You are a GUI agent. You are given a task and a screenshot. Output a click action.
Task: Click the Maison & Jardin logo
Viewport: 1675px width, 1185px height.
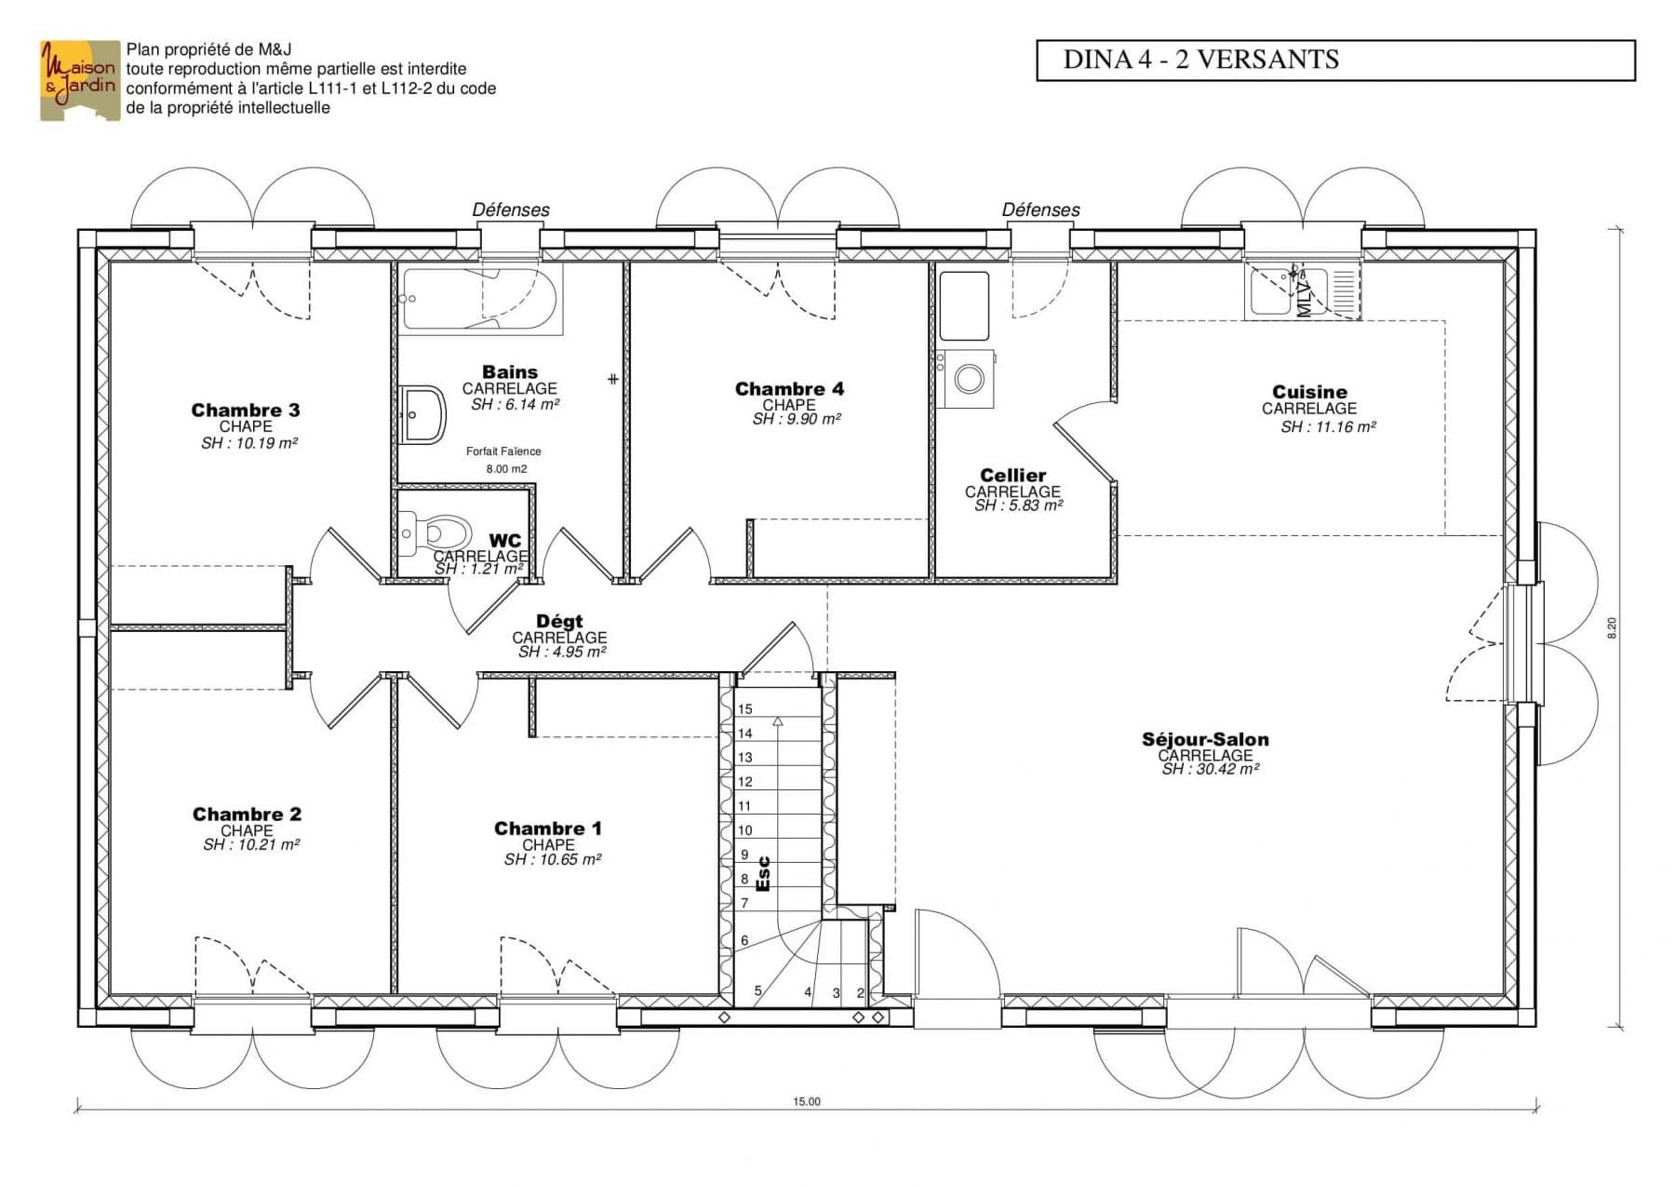[80, 80]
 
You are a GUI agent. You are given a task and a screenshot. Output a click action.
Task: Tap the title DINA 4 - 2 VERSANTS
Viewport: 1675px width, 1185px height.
[1200, 60]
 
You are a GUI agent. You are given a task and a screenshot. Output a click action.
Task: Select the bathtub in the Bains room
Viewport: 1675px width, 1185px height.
[479, 300]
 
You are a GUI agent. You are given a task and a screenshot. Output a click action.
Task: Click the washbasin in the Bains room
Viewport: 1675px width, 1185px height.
[423, 414]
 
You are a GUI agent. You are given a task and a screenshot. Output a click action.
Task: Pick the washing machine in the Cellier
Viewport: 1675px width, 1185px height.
[968, 379]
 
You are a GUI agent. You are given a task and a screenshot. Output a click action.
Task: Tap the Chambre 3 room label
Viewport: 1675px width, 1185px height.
[246, 411]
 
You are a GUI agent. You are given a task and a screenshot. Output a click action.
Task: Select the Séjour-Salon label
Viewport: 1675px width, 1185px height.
[1205, 740]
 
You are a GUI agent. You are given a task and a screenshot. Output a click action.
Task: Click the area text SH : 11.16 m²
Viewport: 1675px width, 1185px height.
[1328, 427]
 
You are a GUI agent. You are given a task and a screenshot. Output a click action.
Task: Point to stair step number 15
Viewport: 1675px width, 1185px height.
[744, 709]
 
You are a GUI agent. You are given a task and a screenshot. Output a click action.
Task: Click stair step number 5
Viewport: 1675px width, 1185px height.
[757, 990]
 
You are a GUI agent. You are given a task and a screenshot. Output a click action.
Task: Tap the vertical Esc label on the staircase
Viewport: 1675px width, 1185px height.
[763, 874]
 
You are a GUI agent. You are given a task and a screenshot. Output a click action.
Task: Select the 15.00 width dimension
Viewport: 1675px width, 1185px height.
[807, 1102]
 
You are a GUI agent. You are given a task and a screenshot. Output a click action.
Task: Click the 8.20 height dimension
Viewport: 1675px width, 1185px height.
[1612, 628]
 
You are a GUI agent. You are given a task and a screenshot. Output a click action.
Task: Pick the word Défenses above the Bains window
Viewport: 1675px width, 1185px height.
[511, 210]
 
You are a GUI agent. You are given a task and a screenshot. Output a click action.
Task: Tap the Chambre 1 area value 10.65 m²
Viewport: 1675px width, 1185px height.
[553, 860]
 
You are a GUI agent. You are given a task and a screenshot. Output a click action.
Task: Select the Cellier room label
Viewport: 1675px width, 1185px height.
[1012, 476]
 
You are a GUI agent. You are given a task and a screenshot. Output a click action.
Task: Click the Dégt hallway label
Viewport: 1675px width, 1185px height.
[559, 622]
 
